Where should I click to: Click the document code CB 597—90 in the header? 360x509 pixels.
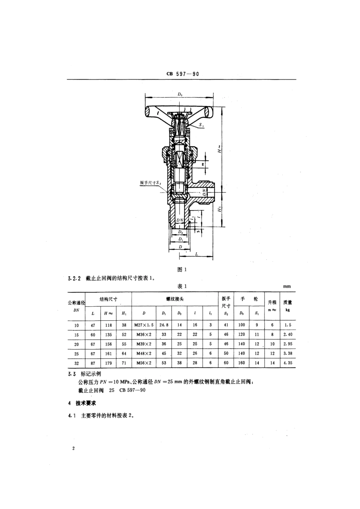tap(182, 74)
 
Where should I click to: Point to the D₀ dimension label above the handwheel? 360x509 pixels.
tap(180, 93)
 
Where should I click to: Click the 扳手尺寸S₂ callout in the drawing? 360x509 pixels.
tap(150, 183)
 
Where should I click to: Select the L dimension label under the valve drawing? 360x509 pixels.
tap(197, 254)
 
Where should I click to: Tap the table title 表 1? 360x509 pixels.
tap(182, 286)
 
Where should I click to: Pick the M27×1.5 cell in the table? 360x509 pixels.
tap(144, 325)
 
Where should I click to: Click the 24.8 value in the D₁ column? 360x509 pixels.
tap(164, 325)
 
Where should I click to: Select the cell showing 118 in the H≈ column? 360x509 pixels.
tap(108, 325)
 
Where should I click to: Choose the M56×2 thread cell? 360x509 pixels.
tap(144, 363)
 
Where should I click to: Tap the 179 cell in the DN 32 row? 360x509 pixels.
tap(108, 363)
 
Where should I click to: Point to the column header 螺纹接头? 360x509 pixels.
tap(175, 299)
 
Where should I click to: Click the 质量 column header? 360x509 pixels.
tap(288, 302)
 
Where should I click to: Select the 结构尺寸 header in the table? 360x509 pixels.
tap(108, 299)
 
